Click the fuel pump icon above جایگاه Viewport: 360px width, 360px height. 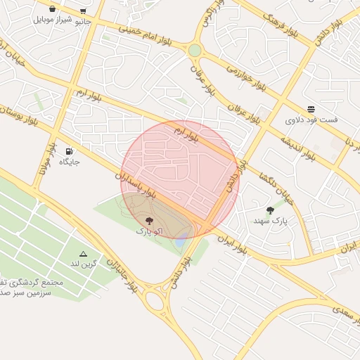pos(69,150)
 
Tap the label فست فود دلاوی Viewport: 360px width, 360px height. pos(311,120)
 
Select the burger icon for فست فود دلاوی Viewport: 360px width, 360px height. pos(311,108)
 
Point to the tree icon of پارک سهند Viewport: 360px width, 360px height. pos(271,210)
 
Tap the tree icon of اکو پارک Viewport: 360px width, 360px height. pos(148,220)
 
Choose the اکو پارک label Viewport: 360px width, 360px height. pos(144,231)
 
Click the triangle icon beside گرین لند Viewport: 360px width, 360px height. pos(83,253)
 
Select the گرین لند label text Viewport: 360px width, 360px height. pos(82,264)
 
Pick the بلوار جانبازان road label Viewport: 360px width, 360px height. pos(121,274)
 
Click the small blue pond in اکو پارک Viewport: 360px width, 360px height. pos(182,240)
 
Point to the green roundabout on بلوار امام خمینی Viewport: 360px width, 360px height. pos(195,50)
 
